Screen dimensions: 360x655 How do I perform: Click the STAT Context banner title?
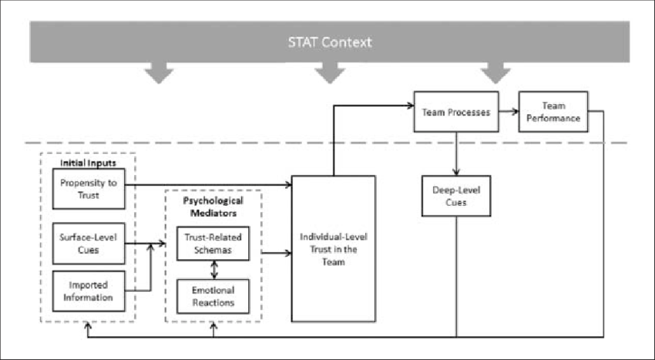point(329,42)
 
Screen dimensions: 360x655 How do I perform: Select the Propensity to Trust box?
point(89,189)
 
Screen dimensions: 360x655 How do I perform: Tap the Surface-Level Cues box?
point(89,244)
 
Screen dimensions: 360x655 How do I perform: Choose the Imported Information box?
point(89,291)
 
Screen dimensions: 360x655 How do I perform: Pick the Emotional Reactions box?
point(213,296)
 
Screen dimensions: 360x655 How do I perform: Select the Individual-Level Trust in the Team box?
point(333,248)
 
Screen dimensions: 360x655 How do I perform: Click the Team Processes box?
point(456,112)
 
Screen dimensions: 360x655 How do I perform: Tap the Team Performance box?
point(553,112)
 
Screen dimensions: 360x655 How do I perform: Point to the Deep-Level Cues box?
point(456,197)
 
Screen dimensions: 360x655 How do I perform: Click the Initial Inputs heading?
point(89,163)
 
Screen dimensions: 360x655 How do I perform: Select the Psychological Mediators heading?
point(213,206)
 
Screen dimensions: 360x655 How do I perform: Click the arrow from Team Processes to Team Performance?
point(509,112)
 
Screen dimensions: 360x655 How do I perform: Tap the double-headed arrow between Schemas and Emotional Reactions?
point(213,270)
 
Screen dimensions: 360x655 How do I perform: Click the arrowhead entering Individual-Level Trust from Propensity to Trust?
point(287,185)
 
